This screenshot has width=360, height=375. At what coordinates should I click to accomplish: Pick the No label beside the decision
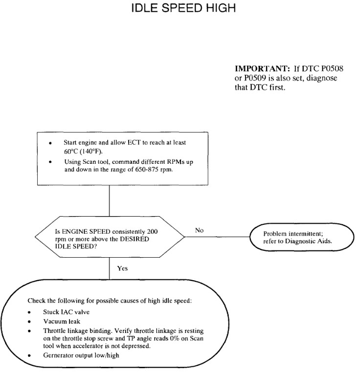coord(199,230)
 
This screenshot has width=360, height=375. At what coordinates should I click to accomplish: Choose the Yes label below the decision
coord(123,268)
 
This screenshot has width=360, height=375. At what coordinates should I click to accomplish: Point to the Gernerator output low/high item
coord(76,355)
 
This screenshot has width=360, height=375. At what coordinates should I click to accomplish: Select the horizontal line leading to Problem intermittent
coord(218,237)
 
